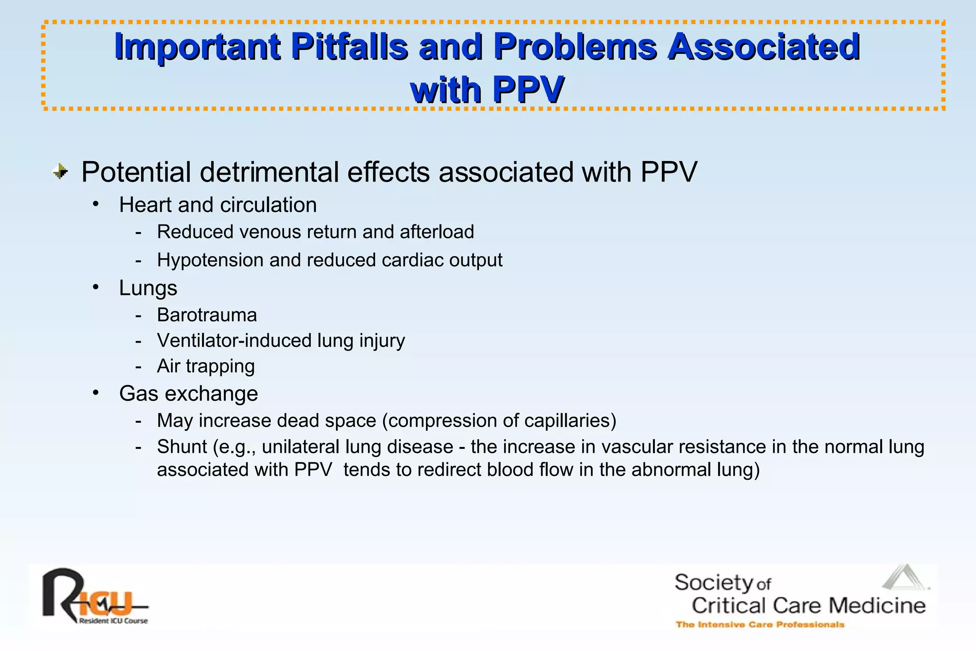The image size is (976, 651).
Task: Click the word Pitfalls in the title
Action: click(x=349, y=47)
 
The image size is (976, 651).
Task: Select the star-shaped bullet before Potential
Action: click(x=61, y=172)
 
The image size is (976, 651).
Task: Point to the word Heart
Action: click(x=145, y=205)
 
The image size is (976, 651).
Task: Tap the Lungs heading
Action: click(x=148, y=288)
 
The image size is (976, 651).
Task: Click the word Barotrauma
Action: click(x=207, y=315)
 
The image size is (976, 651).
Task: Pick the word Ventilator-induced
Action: click(x=234, y=341)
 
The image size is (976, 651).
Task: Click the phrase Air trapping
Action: click(x=206, y=366)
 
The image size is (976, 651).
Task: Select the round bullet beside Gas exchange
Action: click(x=96, y=393)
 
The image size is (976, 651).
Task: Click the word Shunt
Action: click(x=182, y=447)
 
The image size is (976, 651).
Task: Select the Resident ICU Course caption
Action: click(x=113, y=621)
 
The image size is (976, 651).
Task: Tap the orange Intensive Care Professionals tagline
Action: click(x=760, y=625)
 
